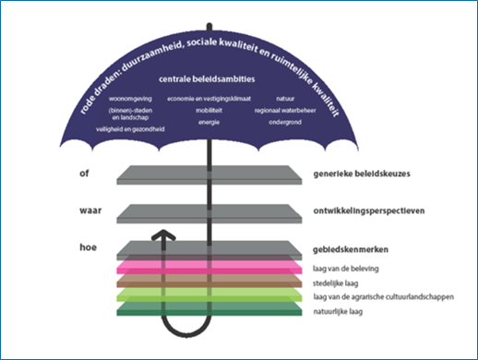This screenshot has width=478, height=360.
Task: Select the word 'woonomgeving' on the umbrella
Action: [x=128, y=98]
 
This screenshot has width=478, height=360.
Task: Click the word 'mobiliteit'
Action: [x=208, y=110]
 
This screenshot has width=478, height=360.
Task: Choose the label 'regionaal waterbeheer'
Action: [x=287, y=110]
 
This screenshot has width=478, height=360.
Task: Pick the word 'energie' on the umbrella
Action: [x=208, y=121]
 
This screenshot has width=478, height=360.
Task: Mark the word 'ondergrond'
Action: [x=286, y=121]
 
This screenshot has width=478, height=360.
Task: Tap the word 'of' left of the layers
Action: [x=85, y=173]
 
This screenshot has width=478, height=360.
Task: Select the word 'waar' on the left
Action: [x=90, y=211]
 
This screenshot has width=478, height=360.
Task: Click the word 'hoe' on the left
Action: [x=88, y=247]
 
